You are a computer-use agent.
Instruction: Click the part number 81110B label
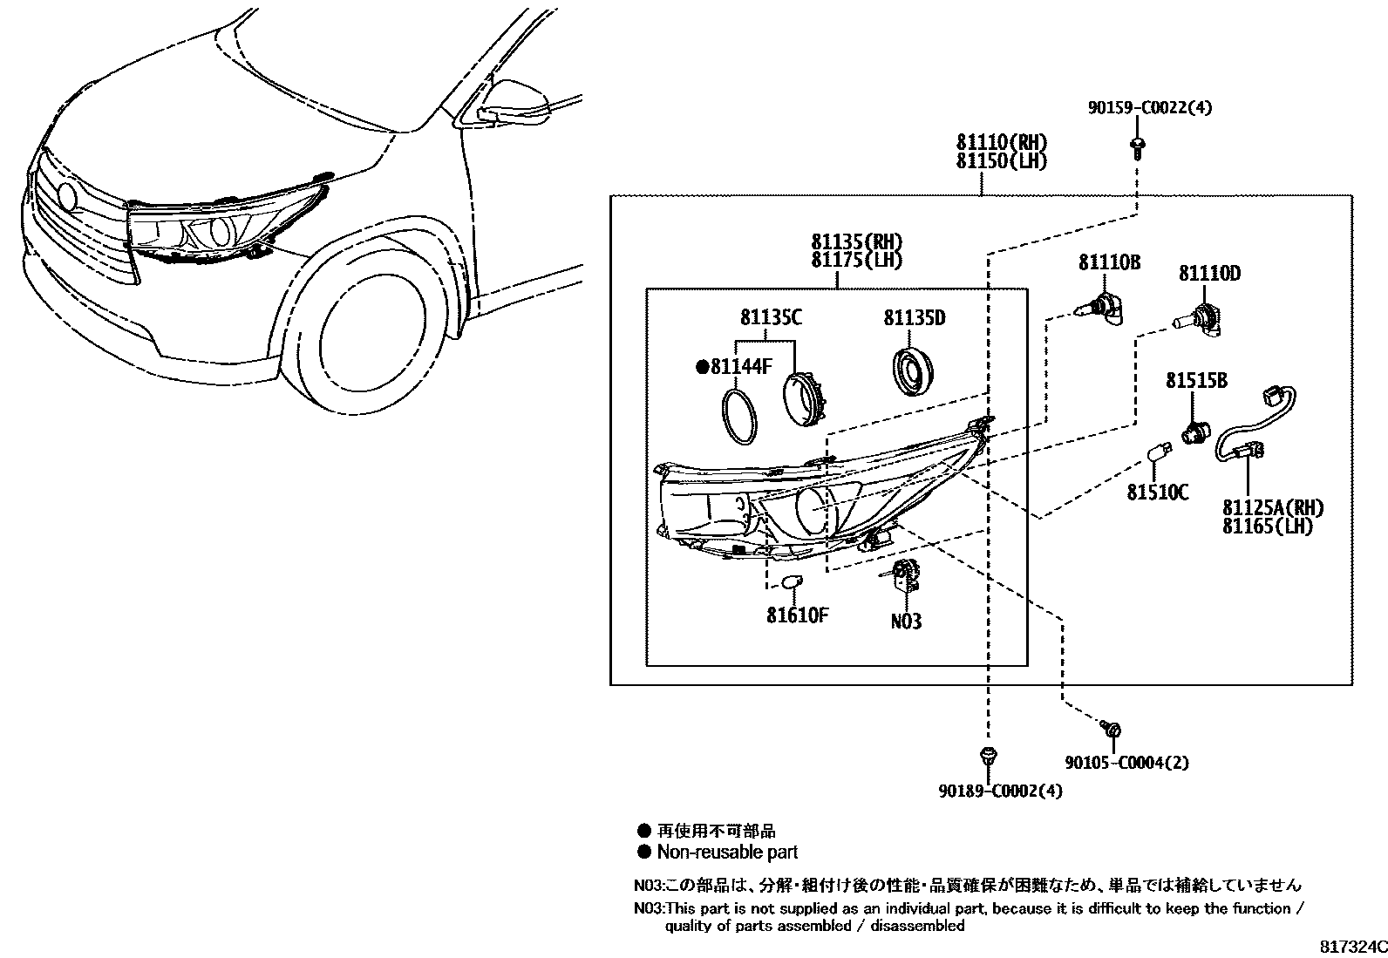(1109, 262)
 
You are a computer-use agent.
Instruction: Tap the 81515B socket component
(1193, 432)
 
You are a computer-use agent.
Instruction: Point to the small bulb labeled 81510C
(1158, 454)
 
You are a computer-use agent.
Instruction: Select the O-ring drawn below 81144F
(740, 416)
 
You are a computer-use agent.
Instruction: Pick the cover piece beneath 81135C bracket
(807, 398)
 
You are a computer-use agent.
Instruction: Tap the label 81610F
(797, 615)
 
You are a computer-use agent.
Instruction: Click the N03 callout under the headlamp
(906, 622)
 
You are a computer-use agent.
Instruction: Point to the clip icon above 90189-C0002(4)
(987, 757)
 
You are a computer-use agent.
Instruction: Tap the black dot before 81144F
(701, 367)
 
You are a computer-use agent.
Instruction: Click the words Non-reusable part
(727, 852)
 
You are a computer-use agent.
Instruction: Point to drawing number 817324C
(1351, 946)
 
